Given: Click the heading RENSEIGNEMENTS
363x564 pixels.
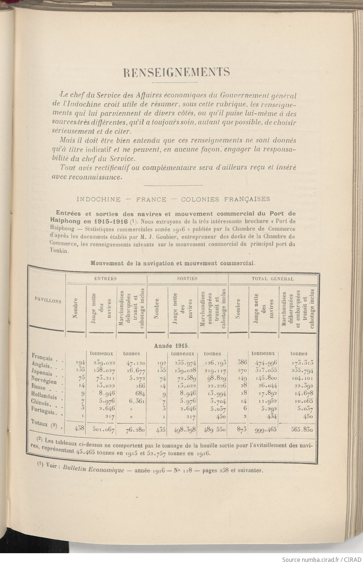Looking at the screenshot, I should [176, 72].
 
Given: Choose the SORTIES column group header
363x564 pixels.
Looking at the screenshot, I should [187, 278].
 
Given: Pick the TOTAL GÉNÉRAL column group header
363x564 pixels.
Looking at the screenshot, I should [273, 278].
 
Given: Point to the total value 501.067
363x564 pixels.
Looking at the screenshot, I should [103, 429].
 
